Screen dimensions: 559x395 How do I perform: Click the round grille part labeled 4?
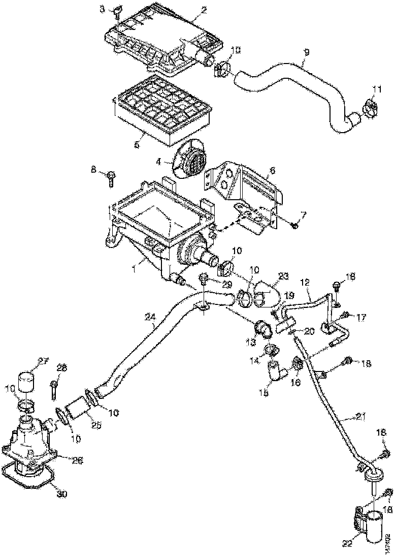click(x=192, y=160)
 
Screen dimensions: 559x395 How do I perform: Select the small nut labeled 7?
click(x=294, y=225)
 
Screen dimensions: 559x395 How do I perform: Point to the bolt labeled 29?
click(x=205, y=277)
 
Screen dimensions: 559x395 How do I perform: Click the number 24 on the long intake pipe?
click(x=150, y=317)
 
